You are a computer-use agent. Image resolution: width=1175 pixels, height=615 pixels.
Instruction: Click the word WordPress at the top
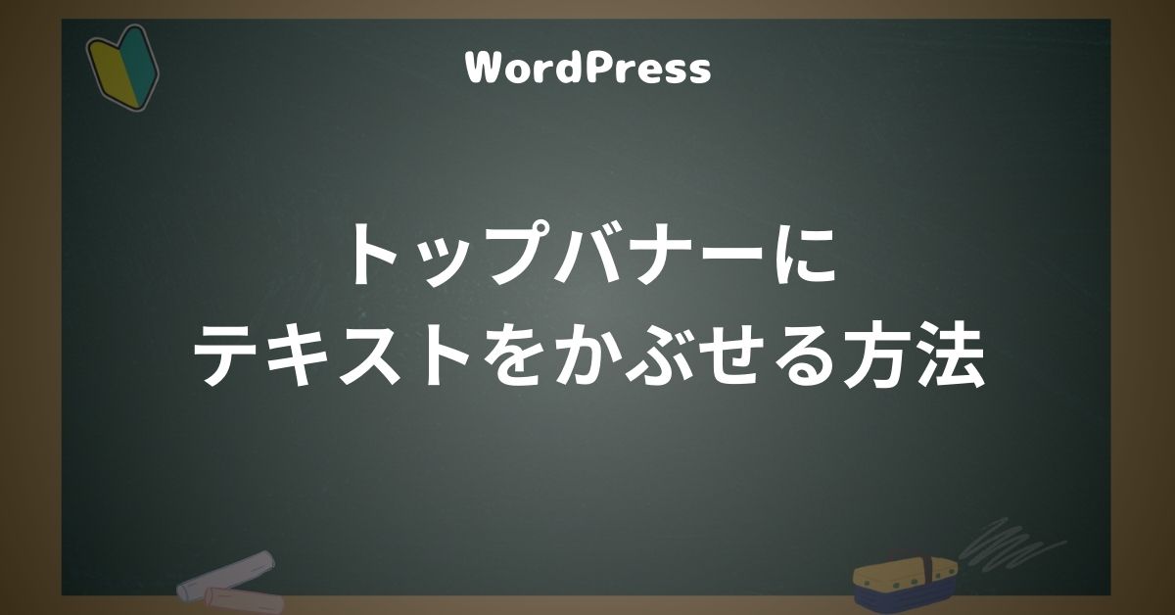(588, 69)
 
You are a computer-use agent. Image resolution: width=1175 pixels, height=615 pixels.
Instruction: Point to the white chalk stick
(225, 575)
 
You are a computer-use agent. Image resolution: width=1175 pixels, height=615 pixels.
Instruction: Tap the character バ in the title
(599, 256)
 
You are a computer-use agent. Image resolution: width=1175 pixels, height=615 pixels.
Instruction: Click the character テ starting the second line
(228, 355)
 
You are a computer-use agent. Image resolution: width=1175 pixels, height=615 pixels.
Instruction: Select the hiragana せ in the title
(737, 355)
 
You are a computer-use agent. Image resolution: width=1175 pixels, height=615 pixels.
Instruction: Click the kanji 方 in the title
(881, 355)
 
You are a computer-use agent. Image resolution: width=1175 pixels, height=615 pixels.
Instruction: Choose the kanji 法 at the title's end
(952, 355)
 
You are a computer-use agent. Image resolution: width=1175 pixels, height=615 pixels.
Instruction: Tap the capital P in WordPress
(609, 69)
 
